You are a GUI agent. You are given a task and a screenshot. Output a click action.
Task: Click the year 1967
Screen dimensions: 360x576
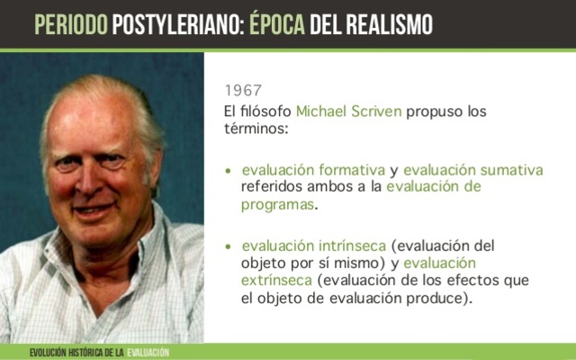tap(243, 91)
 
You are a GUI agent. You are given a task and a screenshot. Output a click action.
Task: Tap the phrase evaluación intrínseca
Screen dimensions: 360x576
tap(314, 246)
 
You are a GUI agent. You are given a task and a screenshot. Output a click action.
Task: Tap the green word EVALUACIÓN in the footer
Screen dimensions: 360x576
tap(148, 352)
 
